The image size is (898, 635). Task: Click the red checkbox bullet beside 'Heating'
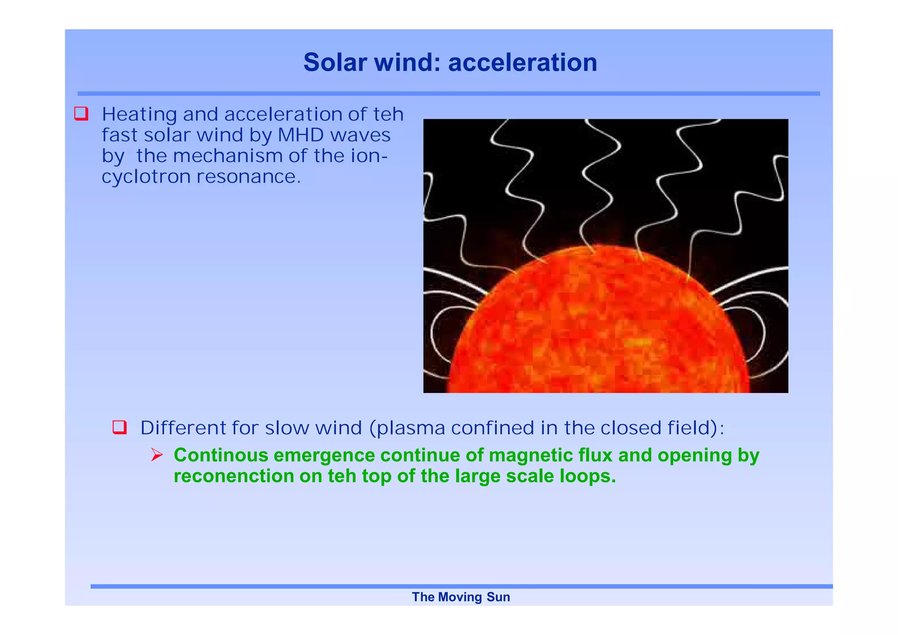(82, 114)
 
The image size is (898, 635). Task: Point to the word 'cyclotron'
(146, 177)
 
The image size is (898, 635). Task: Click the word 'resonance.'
(249, 177)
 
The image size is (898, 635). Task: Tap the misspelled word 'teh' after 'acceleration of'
(388, 114)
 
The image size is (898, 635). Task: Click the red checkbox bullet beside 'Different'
(120, 427)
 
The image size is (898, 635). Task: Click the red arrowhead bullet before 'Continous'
(157, 455)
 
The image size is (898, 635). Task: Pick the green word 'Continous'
(221, 455)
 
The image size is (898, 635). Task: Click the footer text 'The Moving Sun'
(461, 597)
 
